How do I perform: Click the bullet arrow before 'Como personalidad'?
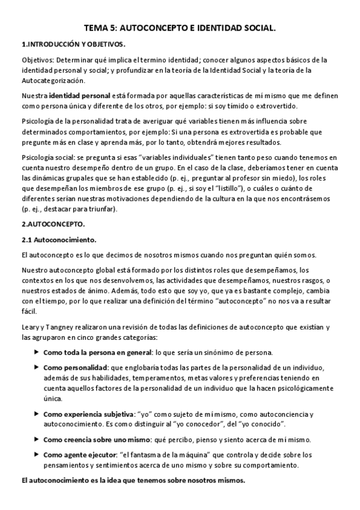click(37, 367)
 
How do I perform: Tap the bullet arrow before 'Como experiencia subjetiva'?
click(37, 414)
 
